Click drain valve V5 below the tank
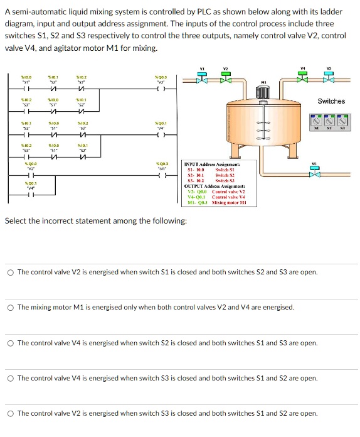click(315, 171)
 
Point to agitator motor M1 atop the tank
click(263, 93)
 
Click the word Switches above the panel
click(331, 101)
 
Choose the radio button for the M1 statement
click(11, 308)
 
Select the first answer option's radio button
click(11, 272)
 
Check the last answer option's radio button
click(11, 414)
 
